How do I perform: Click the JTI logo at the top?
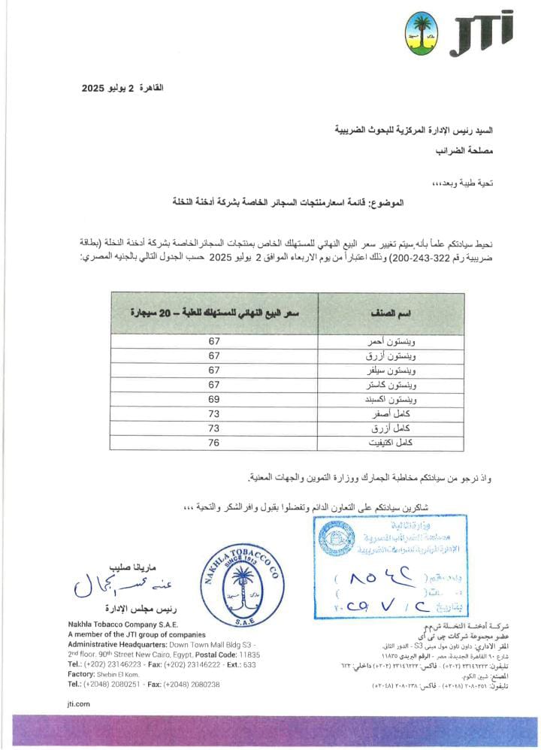click(x=485, y=29)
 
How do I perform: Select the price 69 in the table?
click(x=214, y=399)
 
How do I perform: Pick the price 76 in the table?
click(x=214, y=442)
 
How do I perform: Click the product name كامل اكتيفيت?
click(x=391, y=442)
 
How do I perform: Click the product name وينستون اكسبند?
click(x=387, y=399)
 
